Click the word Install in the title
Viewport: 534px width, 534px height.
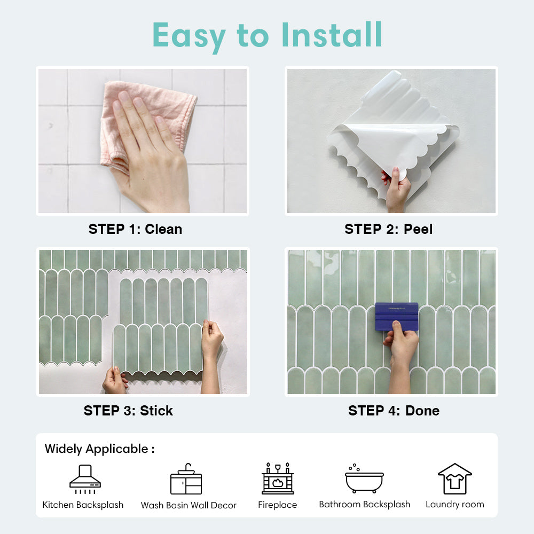[x=332, y=35]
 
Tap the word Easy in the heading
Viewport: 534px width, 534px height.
[x=189, y=37]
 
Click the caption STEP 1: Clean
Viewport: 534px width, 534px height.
[x=135, y=229]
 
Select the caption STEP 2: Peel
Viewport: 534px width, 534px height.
[x=389, y=229]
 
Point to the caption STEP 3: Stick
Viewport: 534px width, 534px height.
[x=128, y=411]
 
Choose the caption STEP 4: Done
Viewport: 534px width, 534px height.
[x=394, y=411]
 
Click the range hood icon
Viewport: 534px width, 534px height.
[x=85, y=479]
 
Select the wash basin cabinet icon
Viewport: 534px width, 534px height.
[x=186, y=479]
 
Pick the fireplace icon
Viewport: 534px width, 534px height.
[x=278, y=478]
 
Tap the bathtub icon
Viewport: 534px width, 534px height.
[x=364, y=479]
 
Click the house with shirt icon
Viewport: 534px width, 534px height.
[x=454, y=479]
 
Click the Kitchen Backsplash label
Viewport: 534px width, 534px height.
[x=83, y=505]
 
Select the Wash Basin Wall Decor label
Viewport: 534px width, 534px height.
[x=189, y=505]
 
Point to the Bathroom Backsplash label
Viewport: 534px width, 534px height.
[x=364, y=505]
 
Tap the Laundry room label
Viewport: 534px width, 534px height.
[x=455, y=505]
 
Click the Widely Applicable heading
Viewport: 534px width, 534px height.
[x=99, y=449]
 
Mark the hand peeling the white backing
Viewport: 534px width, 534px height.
[x=396, y=190]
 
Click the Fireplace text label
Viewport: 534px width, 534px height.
[x=278, y=505]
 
